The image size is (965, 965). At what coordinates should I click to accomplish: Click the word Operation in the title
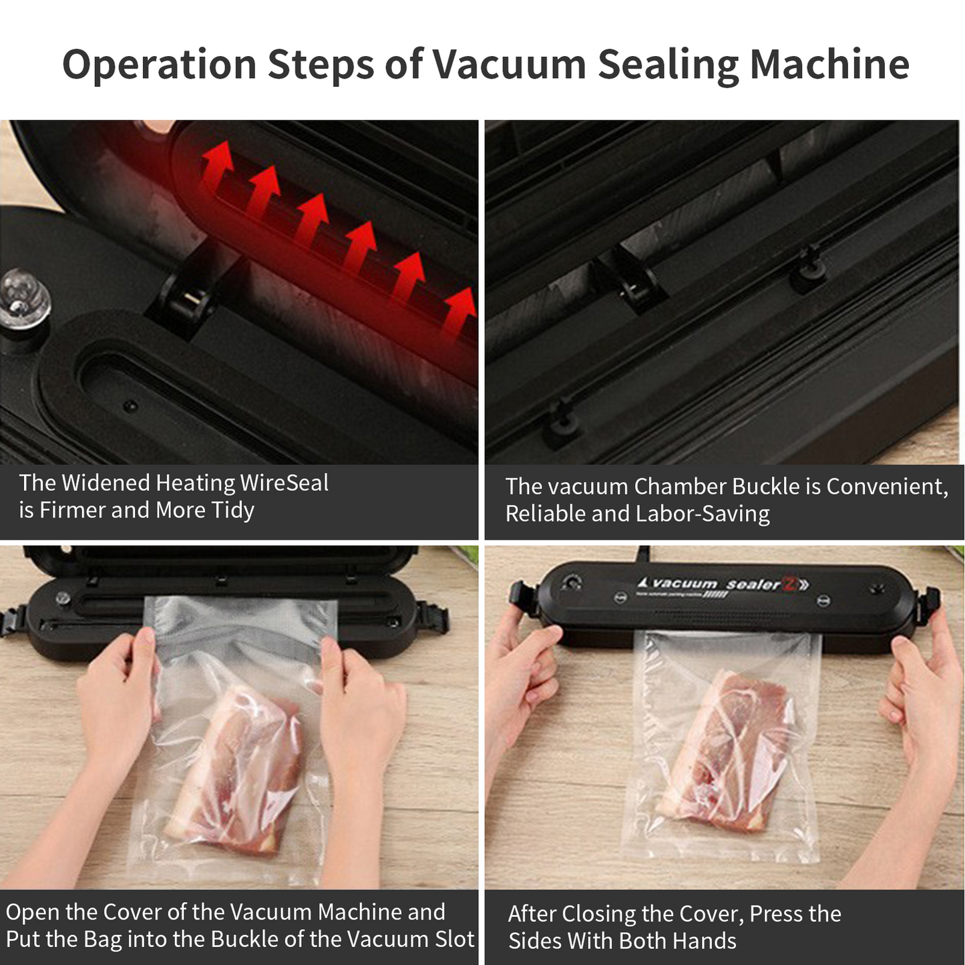tap(159, 65)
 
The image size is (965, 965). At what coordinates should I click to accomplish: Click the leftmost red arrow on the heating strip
tap(218, 164)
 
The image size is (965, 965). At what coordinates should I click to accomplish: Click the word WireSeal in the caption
tap(284, 483)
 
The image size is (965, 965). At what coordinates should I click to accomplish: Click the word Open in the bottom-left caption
tap(33, 912)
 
